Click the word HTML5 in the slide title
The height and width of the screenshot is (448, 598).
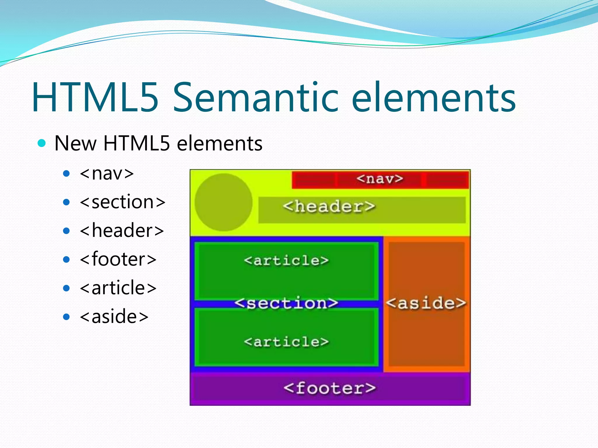95,98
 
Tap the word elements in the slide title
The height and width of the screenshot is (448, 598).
434,98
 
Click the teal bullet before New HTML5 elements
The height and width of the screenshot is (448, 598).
42,143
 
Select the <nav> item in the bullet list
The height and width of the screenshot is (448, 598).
107,174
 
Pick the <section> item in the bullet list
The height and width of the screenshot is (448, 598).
123,202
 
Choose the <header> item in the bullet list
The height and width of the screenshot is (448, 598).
122,230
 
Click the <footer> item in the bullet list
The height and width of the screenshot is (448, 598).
118,259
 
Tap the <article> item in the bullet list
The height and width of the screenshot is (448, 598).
118,288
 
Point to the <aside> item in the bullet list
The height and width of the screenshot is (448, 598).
114,316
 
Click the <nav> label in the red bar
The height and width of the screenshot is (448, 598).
380,178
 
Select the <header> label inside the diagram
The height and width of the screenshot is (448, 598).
329,206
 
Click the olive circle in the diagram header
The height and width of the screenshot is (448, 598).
223,202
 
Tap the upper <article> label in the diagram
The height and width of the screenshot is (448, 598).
286,260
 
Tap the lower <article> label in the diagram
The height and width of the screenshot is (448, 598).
286,342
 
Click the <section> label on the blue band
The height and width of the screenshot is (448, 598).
286,303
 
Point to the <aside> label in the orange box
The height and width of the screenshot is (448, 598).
426,303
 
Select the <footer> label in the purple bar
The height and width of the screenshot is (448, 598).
329,388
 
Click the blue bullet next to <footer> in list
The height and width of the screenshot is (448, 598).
67,259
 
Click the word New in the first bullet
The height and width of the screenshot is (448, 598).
75,143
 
